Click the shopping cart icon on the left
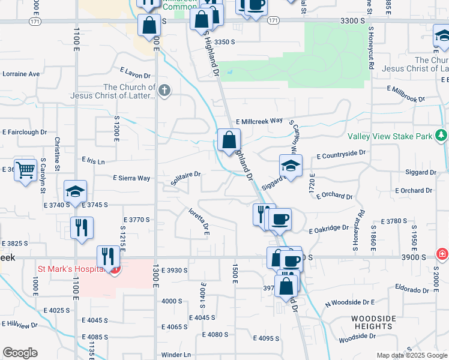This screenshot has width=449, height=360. (25, 170)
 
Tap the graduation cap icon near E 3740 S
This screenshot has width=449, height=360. (76, 191)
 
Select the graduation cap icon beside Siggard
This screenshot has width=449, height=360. (291, 166)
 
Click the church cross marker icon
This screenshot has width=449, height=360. (164, 91)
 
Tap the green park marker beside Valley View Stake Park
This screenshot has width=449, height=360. (442, 136)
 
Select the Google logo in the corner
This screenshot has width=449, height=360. (20, 352)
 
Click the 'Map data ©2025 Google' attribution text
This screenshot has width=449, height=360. (412, 355)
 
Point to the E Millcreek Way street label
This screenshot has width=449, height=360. (259, 121)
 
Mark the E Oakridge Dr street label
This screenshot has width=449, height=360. (328, 229)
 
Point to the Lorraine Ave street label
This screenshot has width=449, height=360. (20, 74)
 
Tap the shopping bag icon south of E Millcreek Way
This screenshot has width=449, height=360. (229, 141)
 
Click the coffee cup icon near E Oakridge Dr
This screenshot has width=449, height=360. (279, 220)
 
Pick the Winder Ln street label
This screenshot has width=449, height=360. (175, 355)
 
